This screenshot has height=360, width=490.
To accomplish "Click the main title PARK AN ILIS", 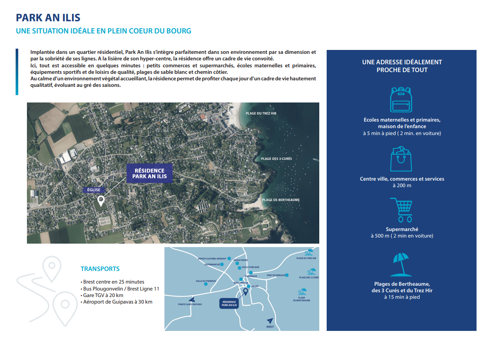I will (48, 18).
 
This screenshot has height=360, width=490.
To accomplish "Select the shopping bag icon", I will (401, 159).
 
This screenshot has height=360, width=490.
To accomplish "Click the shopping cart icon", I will (401, 210).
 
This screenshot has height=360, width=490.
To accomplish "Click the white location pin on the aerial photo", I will (101, 201).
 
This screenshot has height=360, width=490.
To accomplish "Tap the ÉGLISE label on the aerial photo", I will (93, 190).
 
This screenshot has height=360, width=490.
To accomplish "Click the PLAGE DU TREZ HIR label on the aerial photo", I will (261, 113).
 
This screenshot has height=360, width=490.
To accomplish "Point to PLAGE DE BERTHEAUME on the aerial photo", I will (281, 200).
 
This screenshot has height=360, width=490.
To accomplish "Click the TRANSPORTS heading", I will (100, 269).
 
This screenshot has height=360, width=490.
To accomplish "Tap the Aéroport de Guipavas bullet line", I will (117, 302).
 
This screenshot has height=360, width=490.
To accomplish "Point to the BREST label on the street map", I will (270, 327).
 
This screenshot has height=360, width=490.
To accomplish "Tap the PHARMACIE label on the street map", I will (251, 276).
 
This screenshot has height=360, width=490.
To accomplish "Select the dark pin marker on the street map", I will (245, 292).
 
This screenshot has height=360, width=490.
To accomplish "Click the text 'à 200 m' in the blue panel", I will (401, 185).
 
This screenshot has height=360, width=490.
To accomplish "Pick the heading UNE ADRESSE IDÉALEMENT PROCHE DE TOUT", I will (402, 66).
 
